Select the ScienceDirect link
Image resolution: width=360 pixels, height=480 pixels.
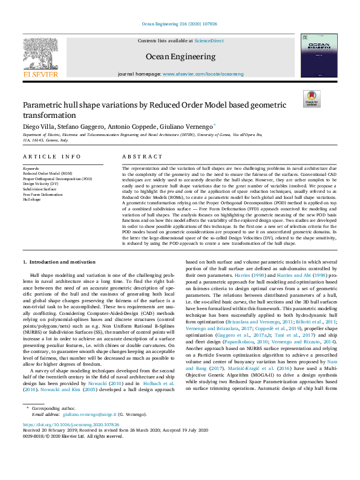tap(209, 41)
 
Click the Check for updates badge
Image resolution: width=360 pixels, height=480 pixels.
tap(312, 99)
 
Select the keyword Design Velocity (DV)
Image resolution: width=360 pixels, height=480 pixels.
tap(42, 183)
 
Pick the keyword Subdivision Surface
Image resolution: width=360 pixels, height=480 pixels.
tap(40, 189)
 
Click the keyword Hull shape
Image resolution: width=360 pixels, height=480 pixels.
tap(31, 199)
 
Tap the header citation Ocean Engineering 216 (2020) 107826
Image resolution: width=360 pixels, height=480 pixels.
tap(180, 24)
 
